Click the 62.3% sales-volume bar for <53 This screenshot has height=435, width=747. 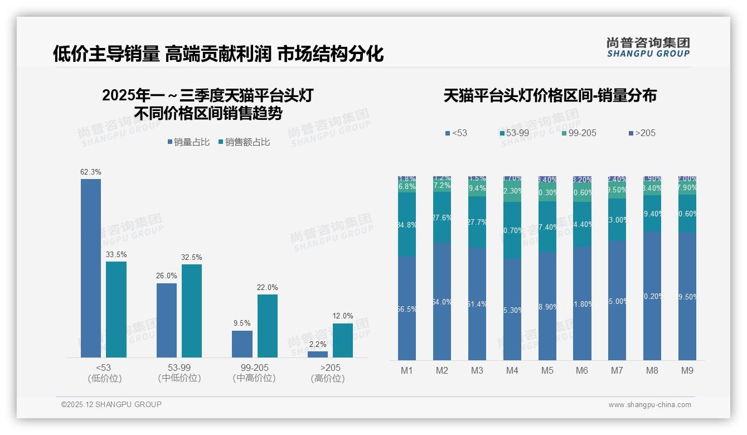[91, 268]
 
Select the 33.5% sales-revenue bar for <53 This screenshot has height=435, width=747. [117, 310]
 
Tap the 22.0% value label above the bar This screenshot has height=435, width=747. [268, 287]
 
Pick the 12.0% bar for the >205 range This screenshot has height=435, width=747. [343, 340]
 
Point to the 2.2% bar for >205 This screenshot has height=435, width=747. [318, 354]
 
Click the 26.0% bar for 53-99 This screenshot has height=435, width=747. [167, 320]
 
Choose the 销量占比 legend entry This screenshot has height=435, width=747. [188, 142]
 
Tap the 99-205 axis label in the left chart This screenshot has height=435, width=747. [254, 368]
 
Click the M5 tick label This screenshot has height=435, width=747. [547, 370]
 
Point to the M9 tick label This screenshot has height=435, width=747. [687, 370]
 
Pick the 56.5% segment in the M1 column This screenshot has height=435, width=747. [407, 308]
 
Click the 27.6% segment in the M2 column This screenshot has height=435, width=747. [442, 217]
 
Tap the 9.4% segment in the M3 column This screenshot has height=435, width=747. [477, 188]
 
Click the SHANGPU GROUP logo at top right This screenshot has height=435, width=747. [648, 47]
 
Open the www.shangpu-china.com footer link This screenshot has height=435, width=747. [649, 405]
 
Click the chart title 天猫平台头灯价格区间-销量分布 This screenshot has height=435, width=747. [550, 95]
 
